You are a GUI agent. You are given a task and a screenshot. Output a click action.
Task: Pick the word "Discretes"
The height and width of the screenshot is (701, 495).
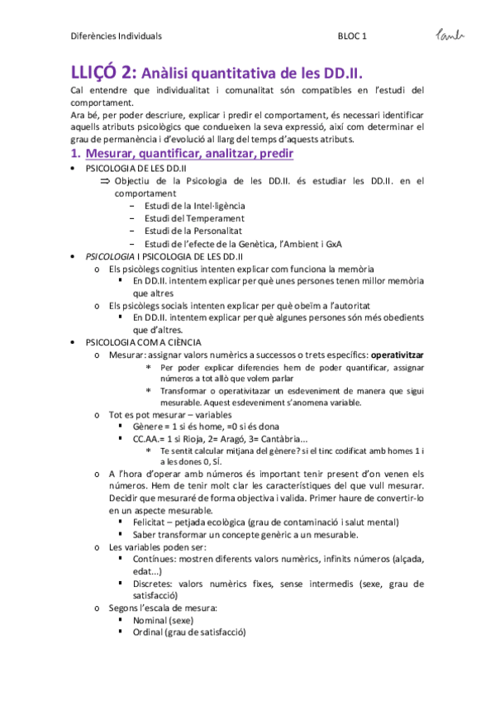[154, 584]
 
